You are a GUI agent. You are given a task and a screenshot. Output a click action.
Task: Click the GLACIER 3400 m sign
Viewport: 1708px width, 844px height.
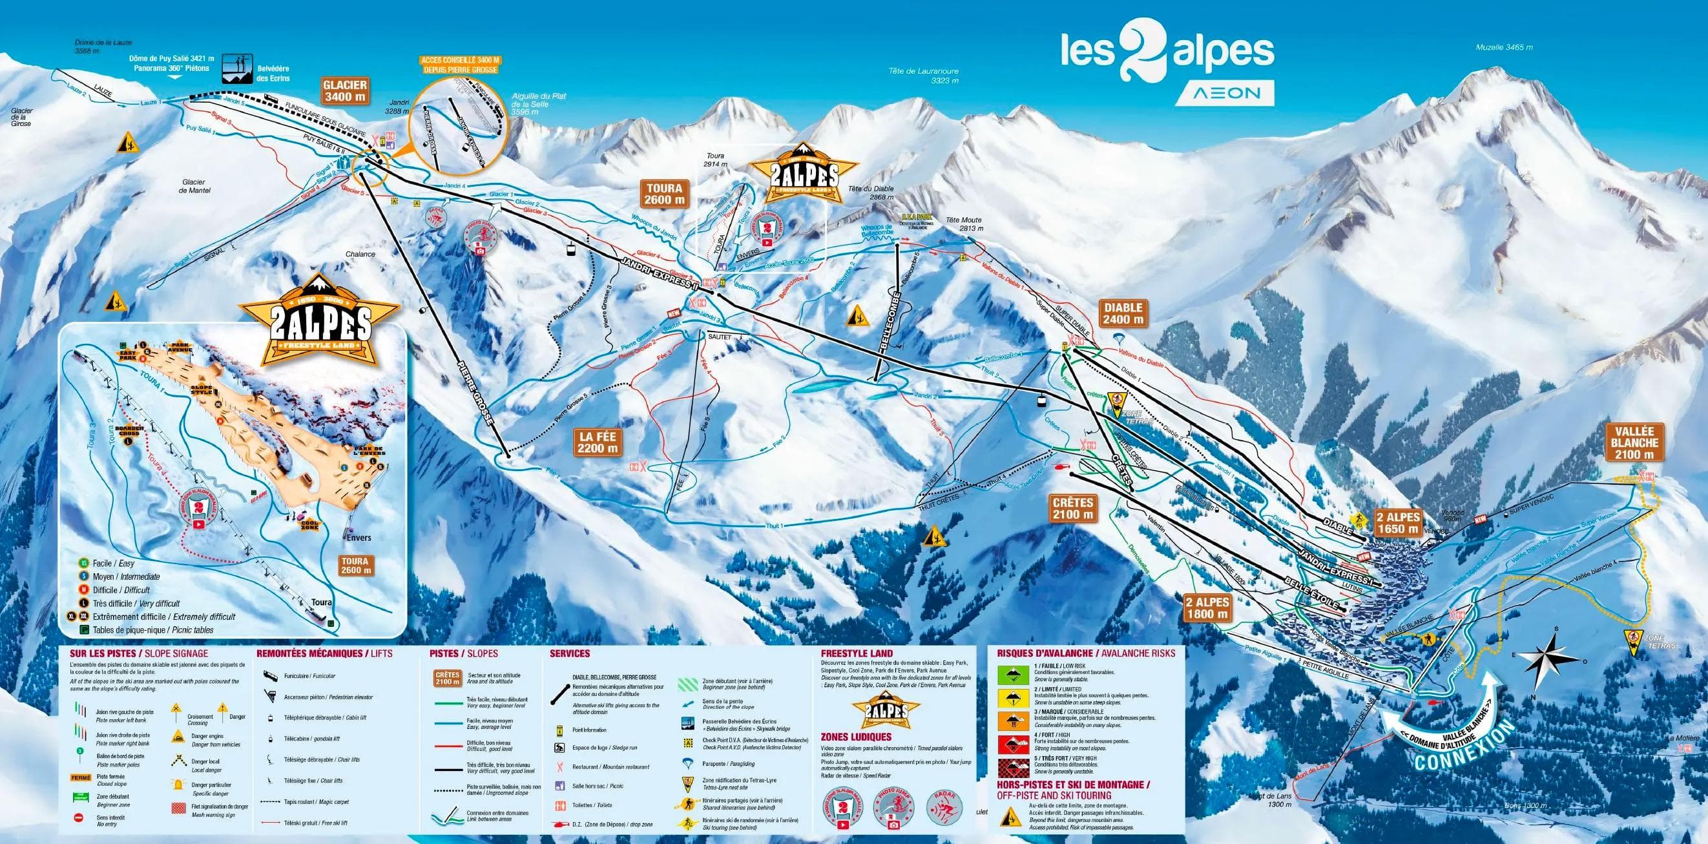tap(344, 90)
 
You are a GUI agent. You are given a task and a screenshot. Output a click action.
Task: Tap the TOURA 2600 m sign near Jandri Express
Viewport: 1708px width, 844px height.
tap(664, 194)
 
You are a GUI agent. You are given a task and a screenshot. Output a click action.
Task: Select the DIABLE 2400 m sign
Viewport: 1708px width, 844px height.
tap(1123, 313)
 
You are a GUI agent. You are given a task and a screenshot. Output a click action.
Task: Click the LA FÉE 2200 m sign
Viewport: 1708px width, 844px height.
tap(598, 442)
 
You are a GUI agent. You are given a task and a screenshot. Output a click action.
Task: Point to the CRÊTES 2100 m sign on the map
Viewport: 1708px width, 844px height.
tap(1073, 508)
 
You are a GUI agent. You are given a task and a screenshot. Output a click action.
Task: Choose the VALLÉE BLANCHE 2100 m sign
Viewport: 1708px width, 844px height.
tap(1634, 442)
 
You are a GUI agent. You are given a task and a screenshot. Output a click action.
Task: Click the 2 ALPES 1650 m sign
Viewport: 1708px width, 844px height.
tap(1398, 523)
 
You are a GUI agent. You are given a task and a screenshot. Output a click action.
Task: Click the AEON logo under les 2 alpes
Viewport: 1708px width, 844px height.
tap(1225, 94)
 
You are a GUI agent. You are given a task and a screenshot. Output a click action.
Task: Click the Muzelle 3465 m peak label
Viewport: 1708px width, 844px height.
tap(1504, 47)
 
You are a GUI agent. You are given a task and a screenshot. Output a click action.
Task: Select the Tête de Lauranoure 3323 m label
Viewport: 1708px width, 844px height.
tap(923, 76)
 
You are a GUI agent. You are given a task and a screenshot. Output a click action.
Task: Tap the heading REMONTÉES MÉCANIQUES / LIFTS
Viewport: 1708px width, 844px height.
tap(324, 653)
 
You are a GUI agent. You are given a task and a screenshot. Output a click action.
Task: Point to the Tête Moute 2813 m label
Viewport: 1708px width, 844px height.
tap(963, 224)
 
